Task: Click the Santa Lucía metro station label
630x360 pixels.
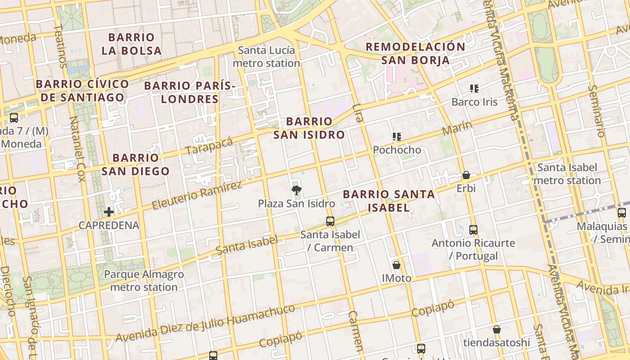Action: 266,57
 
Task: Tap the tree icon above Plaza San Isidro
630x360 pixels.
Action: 296,190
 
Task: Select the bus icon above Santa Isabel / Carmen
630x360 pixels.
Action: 330,221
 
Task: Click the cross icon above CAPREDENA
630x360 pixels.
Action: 108,211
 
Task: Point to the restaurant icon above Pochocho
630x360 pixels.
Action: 396,136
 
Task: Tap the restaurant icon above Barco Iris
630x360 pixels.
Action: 474,88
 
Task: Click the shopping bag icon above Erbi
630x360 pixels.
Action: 466,175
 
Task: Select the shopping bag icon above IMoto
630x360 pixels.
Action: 396,265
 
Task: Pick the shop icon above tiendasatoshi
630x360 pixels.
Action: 497,329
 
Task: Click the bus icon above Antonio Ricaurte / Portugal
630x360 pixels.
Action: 473,229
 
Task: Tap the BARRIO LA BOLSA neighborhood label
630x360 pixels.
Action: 131,44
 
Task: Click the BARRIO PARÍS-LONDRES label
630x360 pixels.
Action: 190,92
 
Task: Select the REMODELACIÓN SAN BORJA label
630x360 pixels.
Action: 415,53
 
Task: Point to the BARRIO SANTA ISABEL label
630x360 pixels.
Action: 389,201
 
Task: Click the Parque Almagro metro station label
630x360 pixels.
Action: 144,280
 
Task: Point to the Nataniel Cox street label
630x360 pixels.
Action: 77,148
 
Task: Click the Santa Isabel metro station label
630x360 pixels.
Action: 567,174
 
